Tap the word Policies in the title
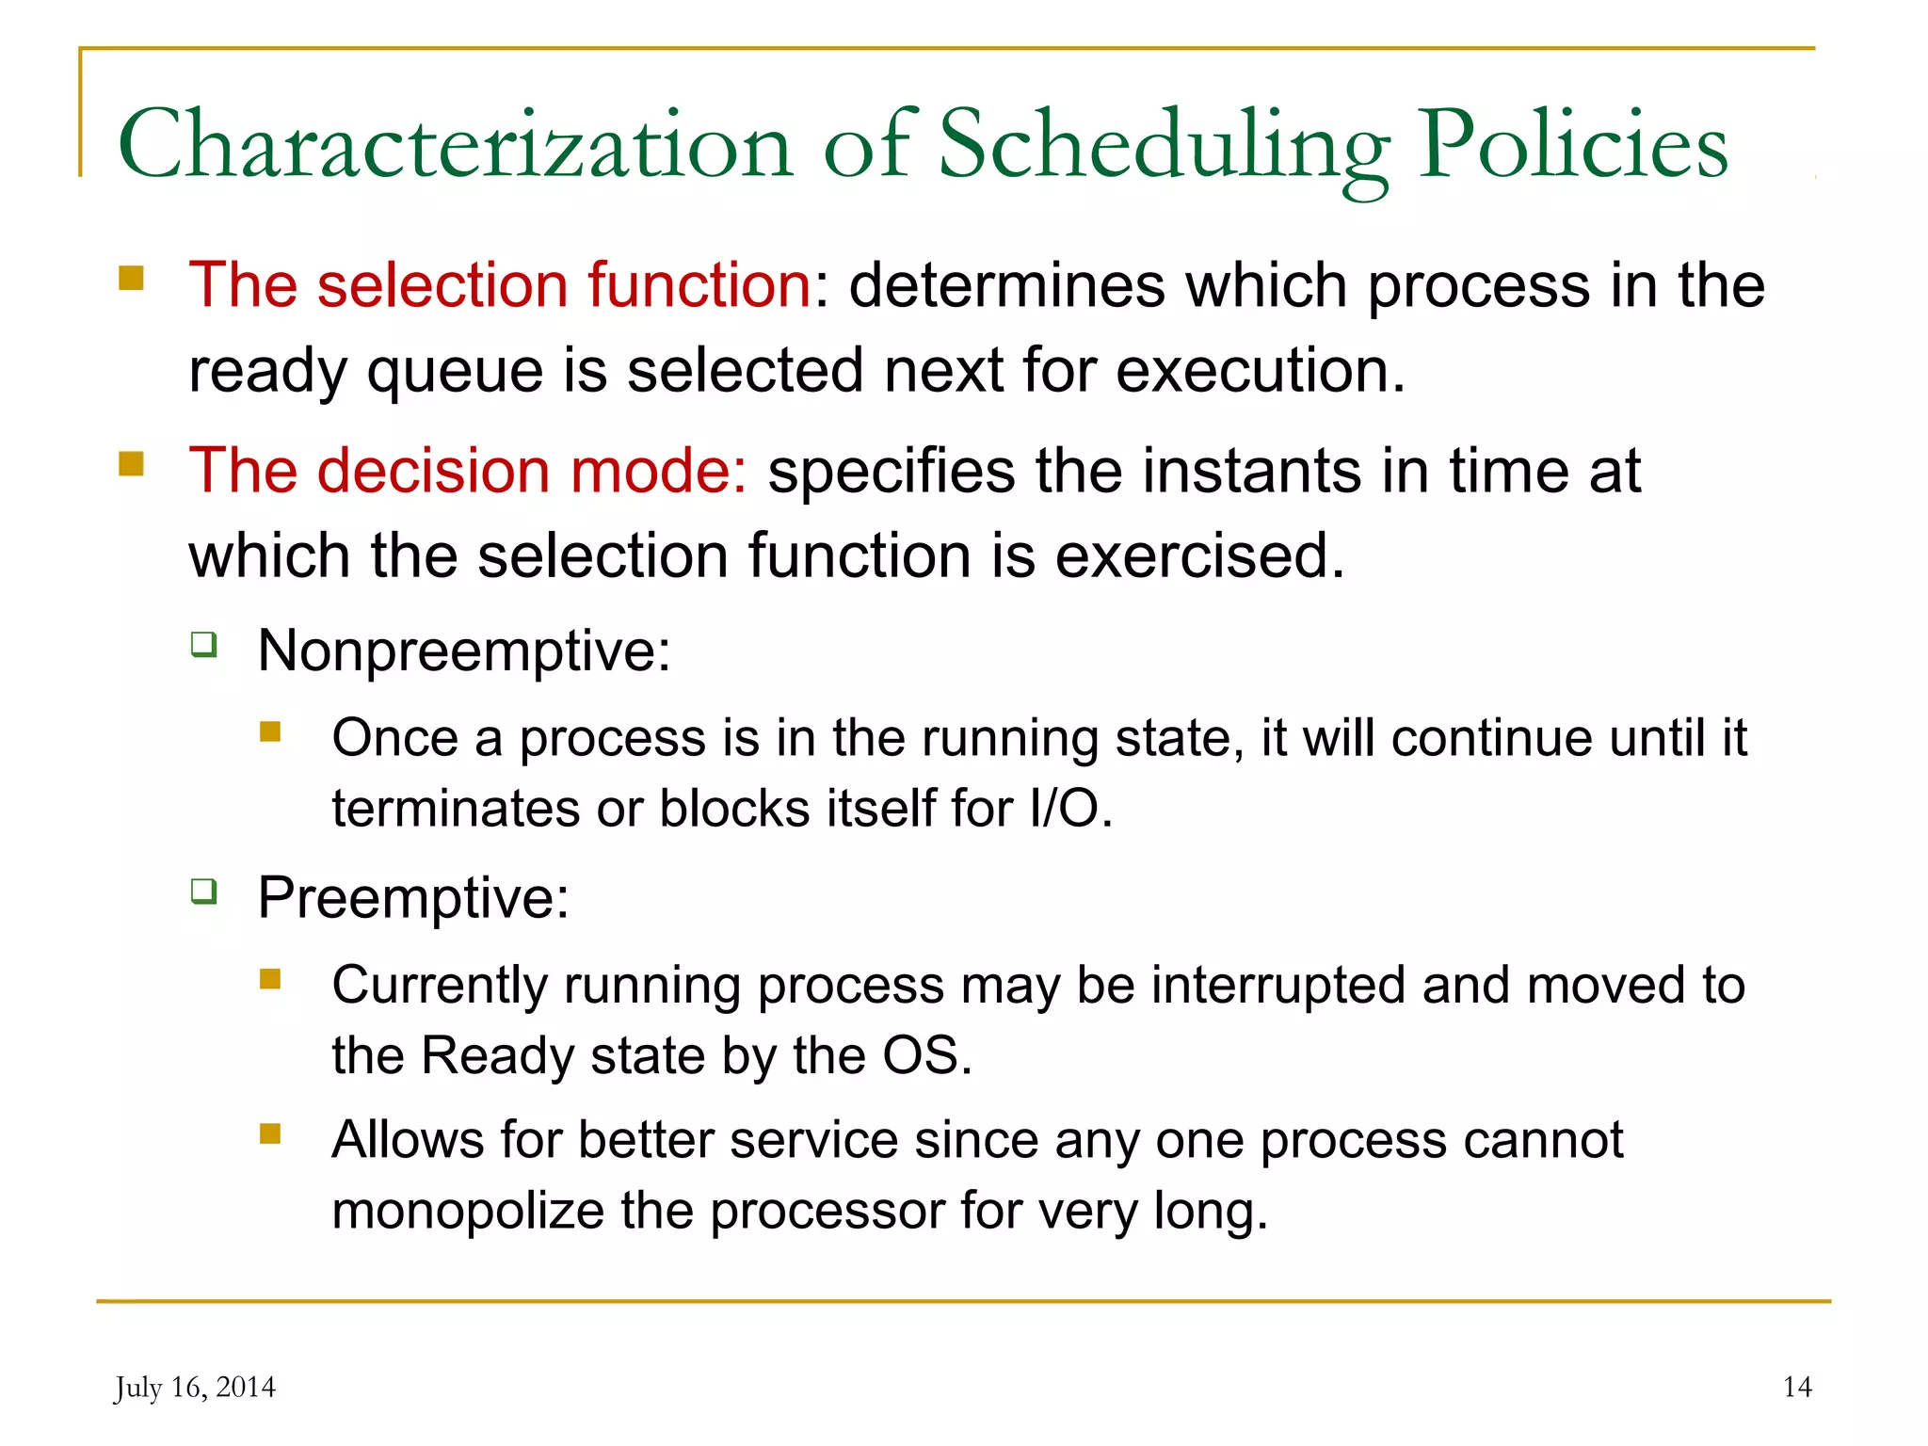tap(1573, 144)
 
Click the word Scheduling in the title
tap(1164, 144)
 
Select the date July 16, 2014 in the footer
tap(195, 1387)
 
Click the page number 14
tap(1796, 1387)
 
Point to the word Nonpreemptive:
tap(464, 651)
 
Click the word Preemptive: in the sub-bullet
tap(413, 897)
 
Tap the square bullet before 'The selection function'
tap(132, 279)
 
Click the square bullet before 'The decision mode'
tap(132, 464)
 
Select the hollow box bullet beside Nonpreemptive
tap(204, 645)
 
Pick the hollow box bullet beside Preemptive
tap(204, 891)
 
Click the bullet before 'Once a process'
tap(271, 731)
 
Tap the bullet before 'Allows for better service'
tap(271, 1133)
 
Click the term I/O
tap(1070, 809)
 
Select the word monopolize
tap(467, 1211)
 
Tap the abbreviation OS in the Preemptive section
tap(925, 1055)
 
